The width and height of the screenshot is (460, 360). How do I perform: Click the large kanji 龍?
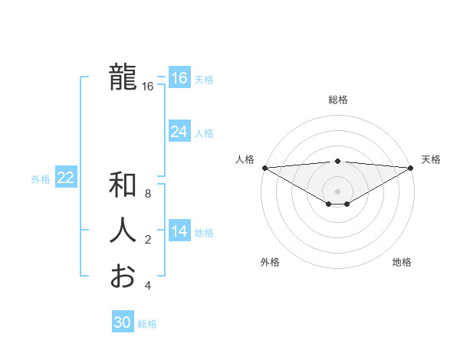pyautogui.click(x=123, y=77)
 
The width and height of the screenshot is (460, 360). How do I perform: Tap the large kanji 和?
pyautogui.click(x=123, y=185)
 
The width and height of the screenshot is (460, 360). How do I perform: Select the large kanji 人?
pyautogui.click(x=123, y=231)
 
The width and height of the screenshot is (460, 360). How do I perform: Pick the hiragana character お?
pyautogui.click(x=123, y=276)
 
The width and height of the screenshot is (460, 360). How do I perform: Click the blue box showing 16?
pyautogui.click(x=179, y=78)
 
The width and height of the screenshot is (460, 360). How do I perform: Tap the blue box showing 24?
pyautogui.click(x=179, y=132)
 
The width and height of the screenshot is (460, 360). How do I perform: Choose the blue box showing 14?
pyautogui.click(x=179, y=231)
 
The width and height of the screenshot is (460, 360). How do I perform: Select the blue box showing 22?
pyautogui.click(x=65, y=178)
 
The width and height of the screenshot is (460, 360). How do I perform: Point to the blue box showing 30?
pyautogui.click(x=122, y=322)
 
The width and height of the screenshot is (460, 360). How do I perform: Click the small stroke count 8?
pyautogui.click(x=148, y=194)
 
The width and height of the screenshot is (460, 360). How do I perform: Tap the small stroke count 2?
pyautogui.click(x=148, y=240)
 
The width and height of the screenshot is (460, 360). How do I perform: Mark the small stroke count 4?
pyautogui.click(x=148, y=286)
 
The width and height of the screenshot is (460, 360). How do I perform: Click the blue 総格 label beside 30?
pyautogui.click(x=147, y=324)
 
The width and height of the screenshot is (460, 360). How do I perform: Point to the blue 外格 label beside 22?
pyautogui.click(x=41, y=179)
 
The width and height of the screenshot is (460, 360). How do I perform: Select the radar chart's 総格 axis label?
pyautogui.click(x=337, y=100)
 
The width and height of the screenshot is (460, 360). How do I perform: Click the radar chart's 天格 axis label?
pyautogui.click(x=431, y=159)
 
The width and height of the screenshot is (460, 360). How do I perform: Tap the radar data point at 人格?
pyautogui.click(x=264, y=168)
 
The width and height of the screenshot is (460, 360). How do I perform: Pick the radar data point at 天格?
pyautogui.click(x=411, y=168)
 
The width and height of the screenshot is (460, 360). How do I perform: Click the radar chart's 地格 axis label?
pyautogui.click(x=402, y=262)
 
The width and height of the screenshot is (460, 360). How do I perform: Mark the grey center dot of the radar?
pyautogui.click(x=337, y=191)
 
